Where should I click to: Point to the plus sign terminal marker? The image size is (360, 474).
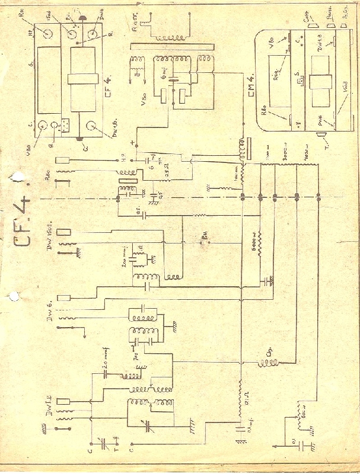(132, 142)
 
